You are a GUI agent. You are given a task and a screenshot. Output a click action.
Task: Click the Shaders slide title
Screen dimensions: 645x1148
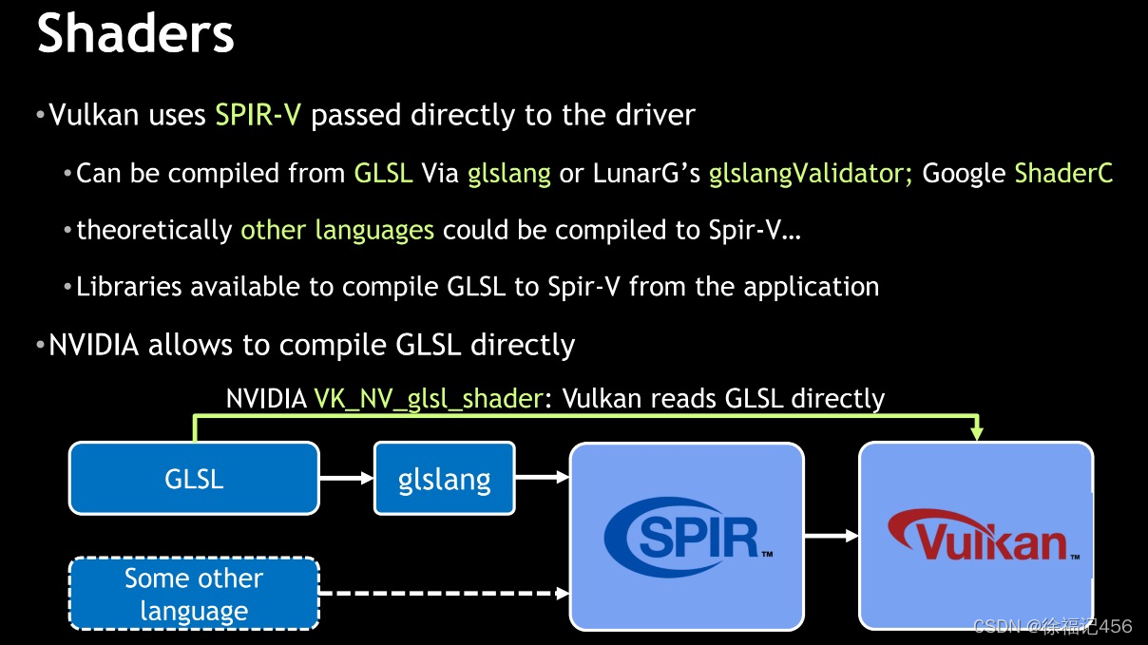click(x=135, y=34)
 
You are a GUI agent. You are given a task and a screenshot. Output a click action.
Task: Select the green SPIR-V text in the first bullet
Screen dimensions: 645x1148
click(x=258, y=116)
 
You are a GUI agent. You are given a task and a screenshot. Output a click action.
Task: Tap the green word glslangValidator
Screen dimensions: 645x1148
click(x=810, y=173)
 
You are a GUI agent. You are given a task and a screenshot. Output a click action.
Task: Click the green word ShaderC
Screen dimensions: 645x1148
click(x=1063, y=173)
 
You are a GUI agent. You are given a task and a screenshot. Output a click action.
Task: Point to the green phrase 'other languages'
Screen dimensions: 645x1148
click(x=337, y=230)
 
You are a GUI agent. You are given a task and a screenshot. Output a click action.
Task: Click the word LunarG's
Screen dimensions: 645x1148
click(x=647, y=173)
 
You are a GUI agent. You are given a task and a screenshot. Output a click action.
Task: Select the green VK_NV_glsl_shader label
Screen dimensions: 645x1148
click(x=428, y=398)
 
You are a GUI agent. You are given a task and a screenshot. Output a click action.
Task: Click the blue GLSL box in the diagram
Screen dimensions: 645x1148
click(x=194, y=479)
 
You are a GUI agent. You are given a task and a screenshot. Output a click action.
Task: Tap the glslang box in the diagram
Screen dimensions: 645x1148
click(x=445, y=479)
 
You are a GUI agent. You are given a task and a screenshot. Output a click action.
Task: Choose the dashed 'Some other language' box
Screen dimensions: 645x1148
click(x=194, y=595)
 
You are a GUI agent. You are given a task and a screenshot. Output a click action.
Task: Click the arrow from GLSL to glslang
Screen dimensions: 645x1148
click(x=346, y=479)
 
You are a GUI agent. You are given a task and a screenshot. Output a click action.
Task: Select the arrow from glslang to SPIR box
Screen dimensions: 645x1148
click(x=542, y=479)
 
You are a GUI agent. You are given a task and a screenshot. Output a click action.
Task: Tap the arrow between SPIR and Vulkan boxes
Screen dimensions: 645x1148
click(x=832, y=537)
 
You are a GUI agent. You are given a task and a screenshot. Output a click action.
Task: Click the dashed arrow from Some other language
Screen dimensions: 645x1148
click(x=443, y=595)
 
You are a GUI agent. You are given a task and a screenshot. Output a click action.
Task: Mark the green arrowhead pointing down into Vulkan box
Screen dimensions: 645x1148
click(x=976, y=433)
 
